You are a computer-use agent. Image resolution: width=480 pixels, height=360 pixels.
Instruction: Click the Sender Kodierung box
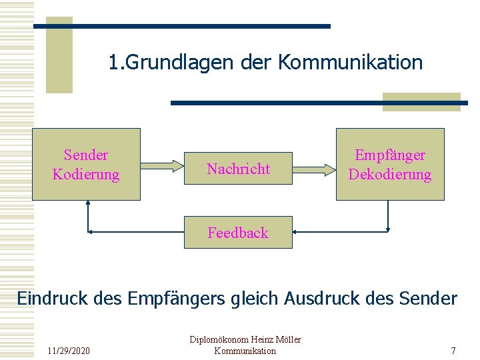pos(86,164)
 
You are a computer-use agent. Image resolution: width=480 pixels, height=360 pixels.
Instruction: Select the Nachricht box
pos(238,169)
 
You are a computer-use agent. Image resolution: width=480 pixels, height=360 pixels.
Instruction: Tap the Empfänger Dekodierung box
pos(390,164)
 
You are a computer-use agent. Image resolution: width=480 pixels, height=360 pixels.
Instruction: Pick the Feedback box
pos(238,232)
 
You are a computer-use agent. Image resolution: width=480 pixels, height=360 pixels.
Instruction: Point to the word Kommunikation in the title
pos(350,63)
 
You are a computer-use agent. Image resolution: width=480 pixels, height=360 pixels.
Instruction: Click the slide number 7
pos(453,351)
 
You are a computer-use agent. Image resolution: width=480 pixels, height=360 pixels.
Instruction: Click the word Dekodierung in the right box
pos(390,175)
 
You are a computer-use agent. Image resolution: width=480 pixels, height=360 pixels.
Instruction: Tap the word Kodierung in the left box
pos(86,175)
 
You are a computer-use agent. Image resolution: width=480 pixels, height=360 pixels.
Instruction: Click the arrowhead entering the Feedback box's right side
pos(297,231)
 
